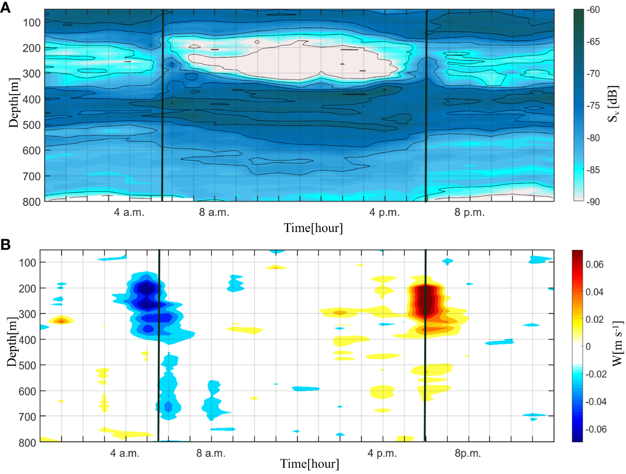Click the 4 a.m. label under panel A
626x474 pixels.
pyautogui.click(x=129, y=213)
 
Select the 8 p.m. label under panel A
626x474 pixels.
pyautogui.click(x=469, y=213)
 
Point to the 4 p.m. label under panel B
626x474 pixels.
pyautogui.click(x=383, y=453)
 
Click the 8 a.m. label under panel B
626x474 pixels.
pyautogui.click(x=211, y=453)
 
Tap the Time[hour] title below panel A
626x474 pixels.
pyautogui.click(x=313, y=228)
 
